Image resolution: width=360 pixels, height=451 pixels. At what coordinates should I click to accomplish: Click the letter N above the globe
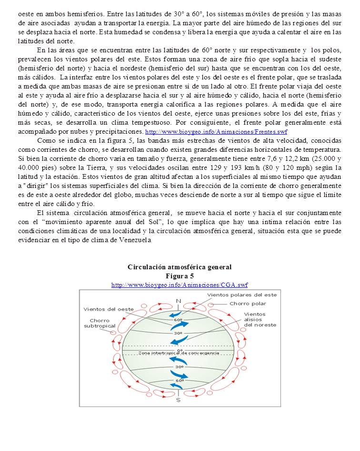coord(179,301)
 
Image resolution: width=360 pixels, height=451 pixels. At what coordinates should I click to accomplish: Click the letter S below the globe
coord(178,400)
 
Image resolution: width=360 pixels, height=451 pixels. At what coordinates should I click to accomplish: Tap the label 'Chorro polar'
coord(248,304)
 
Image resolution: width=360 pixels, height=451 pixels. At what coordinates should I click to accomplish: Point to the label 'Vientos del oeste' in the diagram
coord(109,309)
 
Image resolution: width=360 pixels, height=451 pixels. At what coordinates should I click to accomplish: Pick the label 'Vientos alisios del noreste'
coord(260,319)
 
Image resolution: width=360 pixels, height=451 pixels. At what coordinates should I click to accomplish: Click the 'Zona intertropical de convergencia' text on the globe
coord(179,353)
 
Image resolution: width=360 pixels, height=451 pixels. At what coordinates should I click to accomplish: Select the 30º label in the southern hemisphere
coord(179,367)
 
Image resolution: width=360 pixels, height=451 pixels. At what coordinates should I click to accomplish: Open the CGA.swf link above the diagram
coord(180,284)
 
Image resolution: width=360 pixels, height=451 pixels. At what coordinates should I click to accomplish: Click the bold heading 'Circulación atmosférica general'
coord(180,267)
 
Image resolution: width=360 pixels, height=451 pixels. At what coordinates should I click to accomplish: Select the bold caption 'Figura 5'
coord(180,276)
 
